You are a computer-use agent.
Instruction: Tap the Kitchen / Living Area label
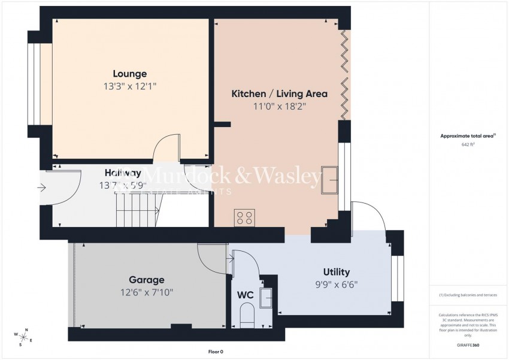(279, 94)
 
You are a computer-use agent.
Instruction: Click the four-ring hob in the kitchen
(245, 217)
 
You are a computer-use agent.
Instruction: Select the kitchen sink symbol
(329, 179)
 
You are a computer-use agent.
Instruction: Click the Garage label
(147, 280)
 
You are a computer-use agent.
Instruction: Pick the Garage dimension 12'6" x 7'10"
(147, 292)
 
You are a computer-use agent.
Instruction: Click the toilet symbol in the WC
(247, 314)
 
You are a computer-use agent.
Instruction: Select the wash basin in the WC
(267, 297)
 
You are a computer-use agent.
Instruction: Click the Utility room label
(336, 272)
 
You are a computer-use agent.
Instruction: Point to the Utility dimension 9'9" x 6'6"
(336, 285)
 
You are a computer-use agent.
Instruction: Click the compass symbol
(24, 338)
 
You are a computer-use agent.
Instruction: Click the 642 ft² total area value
(468, 145)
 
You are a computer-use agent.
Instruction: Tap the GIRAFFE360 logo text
(468, 346)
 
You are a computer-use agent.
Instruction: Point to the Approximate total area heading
(467, 137)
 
